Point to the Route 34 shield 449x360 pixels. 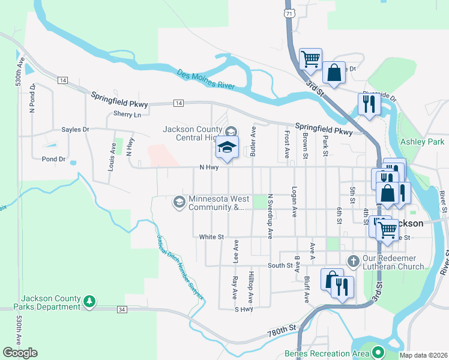tap(123, 310)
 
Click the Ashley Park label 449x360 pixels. tap(423, 142)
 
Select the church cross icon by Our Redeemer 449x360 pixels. tap(353, 261)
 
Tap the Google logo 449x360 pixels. tap(20, 353)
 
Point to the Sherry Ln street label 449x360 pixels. tap(127, 114)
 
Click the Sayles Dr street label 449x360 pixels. tap(75, 130)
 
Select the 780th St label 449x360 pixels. tap(284, 329)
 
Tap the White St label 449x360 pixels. tap(211, 237)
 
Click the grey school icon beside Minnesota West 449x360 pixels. tap(178, 202)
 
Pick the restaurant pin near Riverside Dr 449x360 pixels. tap(367, 104)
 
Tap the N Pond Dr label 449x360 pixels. tap(32, 99)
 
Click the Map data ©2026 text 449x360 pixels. tap(423, 355)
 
